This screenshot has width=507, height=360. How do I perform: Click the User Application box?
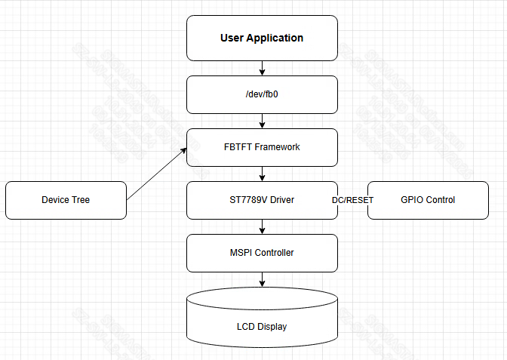point(262,38)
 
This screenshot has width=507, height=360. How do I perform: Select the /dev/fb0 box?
point(262,94)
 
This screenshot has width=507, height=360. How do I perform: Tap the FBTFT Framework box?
point(262,147)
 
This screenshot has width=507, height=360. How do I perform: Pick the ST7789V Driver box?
point(262,200)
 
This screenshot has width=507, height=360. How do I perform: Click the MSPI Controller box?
point(262,253)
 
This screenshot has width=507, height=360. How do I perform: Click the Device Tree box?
point(66,200)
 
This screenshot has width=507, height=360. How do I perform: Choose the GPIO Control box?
point(428,200)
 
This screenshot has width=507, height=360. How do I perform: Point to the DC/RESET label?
point(352,200)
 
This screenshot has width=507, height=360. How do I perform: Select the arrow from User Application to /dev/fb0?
point(262,68)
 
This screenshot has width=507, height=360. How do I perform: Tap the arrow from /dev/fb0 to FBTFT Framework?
point(262,121)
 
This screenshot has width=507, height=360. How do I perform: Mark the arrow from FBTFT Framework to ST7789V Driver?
point(262,174)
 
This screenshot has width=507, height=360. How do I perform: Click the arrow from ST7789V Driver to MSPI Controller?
point(262,226)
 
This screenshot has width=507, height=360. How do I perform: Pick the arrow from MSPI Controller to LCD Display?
point(262,279)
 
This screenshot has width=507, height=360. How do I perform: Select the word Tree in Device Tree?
point(81,200)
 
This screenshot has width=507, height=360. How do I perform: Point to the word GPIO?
point(412,200)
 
